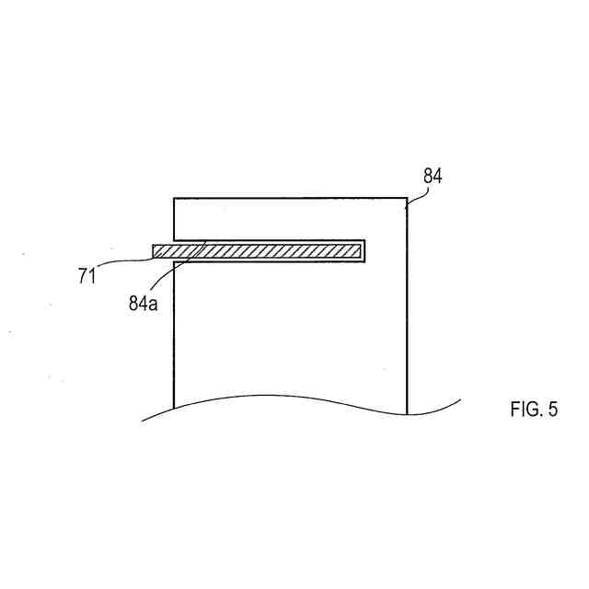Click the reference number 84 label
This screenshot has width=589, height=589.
(x=433, y=177)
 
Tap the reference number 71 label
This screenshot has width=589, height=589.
(x=87, y=275)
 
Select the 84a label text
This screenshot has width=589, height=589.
(x=143, y=301)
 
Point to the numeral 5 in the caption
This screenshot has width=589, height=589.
(x=552, y=410)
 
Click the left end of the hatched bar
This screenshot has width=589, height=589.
(x=155, y=251)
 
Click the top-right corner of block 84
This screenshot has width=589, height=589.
(x=407, y=197)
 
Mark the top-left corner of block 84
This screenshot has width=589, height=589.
(x=174, y=197)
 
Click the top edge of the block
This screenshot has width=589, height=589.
(x=290, y=197)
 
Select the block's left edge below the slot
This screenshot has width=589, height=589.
(x=174, y=331)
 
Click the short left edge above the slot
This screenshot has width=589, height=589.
(x=174, y=218)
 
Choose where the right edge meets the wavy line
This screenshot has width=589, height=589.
(x=407, y=414)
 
